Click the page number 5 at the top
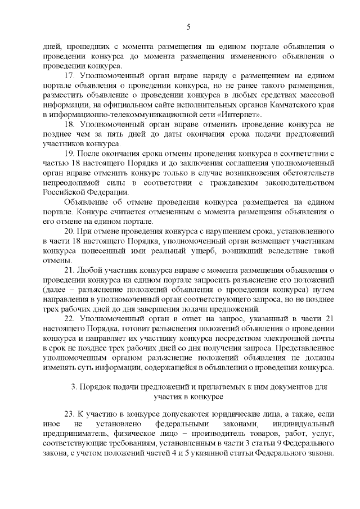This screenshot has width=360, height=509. click(188, 27)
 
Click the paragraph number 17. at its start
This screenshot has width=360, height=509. click(70, 75)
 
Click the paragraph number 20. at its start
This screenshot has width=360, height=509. click(70, 232)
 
